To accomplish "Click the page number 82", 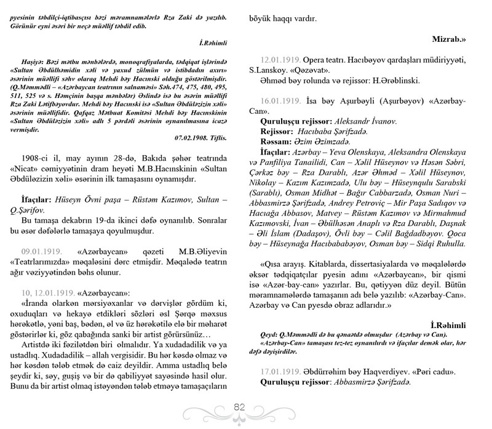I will point(240,406).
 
